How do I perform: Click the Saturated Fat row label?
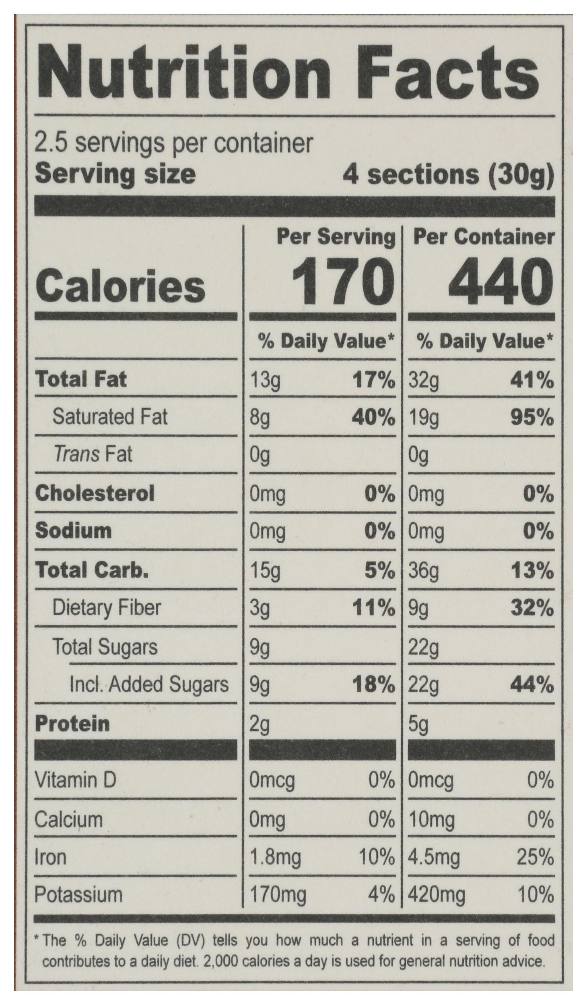[x=110, y=417]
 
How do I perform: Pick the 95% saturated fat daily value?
[x=532, y=418]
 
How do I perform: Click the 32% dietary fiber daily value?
[x=532, y=609]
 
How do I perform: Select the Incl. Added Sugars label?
[x=149, y=685]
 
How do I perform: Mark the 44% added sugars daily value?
[x=532, y=686]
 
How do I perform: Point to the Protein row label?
[x=72, y=724]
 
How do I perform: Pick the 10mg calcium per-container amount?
[x=431, y=820]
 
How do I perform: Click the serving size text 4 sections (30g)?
[x=448, y=175]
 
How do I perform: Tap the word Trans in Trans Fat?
[x=76, y=455]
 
